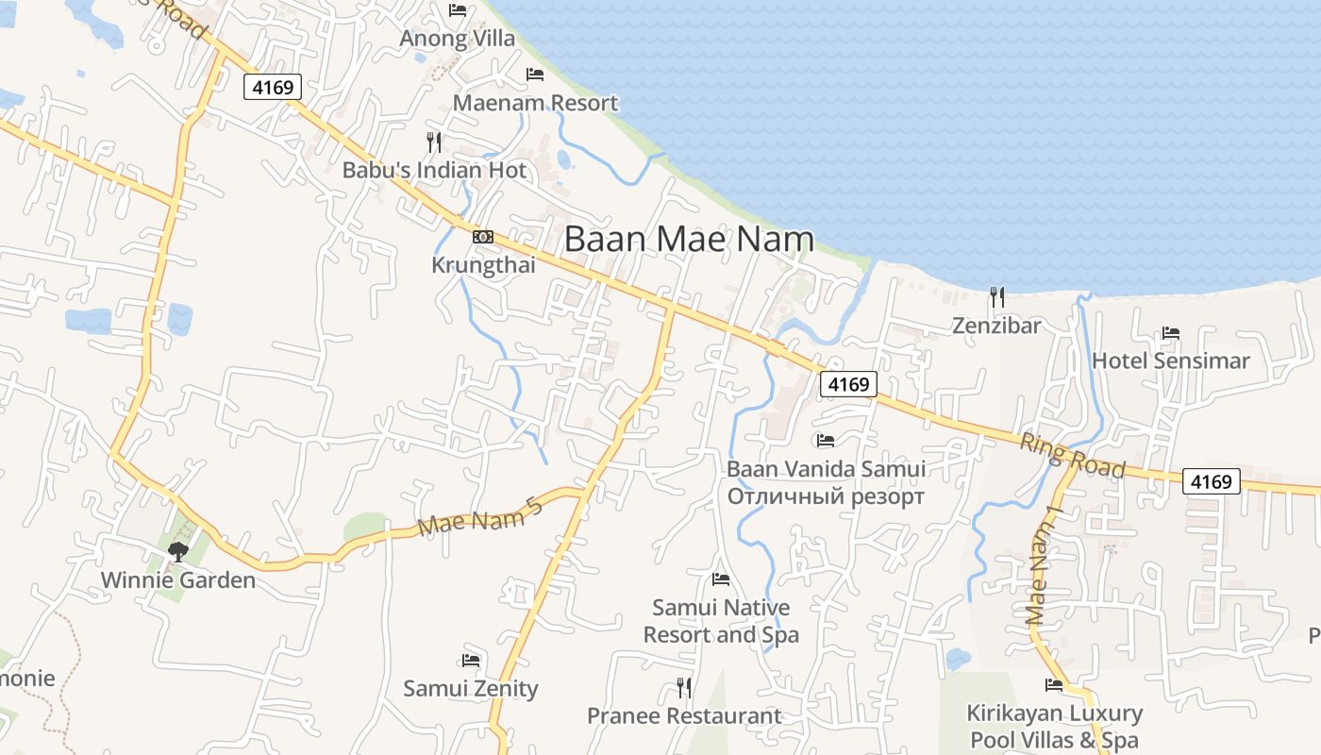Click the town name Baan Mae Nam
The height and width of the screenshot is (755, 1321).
[689, 239]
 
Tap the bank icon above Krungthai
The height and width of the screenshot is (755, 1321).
[483, 237]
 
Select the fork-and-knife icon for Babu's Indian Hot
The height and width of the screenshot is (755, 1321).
[434, 143]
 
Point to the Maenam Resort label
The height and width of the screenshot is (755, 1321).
[536, 103]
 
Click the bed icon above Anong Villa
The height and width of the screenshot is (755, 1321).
[459, 10]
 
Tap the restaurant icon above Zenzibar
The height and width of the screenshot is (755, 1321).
[996, 297]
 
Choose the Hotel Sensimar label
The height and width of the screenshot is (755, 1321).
[1170, 361]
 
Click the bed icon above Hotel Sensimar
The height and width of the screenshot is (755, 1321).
[1171, 333]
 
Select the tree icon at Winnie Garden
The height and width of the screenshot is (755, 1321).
[177, 551]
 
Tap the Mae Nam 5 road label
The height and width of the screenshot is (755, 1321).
[480, 518]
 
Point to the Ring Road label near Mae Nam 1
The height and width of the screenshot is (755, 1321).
[1073, 455]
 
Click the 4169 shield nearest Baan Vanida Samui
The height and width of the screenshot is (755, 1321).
[849, 384]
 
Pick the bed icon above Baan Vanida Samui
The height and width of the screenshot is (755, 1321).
[826, 440]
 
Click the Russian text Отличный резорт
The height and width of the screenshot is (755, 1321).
[826, 496]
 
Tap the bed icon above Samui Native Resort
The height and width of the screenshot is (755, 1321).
[721, 579]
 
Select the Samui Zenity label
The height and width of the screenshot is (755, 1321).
[471, 689]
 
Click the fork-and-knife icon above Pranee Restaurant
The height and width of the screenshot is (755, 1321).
[684, 687]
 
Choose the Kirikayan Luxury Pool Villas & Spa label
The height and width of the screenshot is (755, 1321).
[1054, 727]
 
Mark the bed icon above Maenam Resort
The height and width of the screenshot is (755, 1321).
[535, 75]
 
